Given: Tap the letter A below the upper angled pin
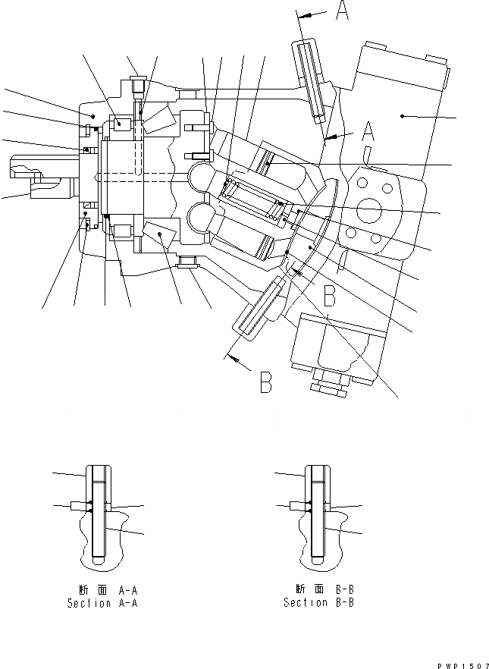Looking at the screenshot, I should click(x=368, y=134).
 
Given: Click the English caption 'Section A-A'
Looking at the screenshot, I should click(x=102, y=604).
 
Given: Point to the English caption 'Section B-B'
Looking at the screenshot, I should click(x=318, y=603).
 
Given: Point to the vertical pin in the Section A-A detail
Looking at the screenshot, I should click(x=98, y=515).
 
